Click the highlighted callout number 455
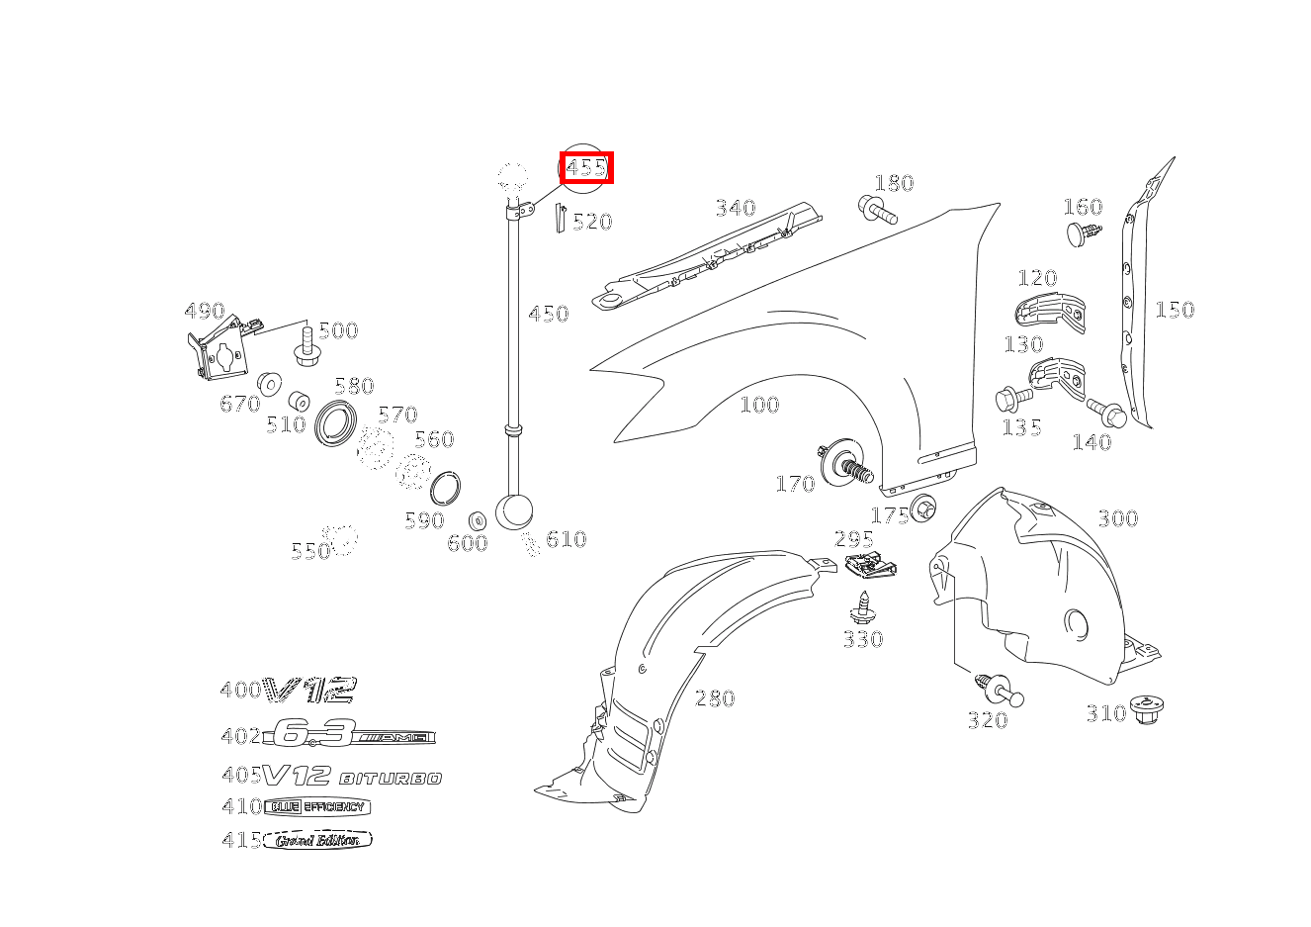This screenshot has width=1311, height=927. (586, 168)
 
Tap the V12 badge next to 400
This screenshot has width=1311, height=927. (311, 690)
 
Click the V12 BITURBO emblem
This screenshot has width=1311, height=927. (352, 776)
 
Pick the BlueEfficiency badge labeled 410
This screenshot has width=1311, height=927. (316, 806)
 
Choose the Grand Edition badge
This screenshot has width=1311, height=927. (317, 840)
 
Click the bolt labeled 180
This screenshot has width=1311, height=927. (877, 210)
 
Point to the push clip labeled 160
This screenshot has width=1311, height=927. (1083, 233)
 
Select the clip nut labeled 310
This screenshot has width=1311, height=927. (1147, 708)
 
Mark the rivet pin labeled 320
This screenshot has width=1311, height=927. (998, 689)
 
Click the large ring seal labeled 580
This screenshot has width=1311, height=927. (336, 422)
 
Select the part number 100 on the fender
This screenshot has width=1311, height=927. (759, 405)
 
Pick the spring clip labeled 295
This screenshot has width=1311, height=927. (870, 568)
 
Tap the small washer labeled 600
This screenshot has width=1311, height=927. (477, 520)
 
